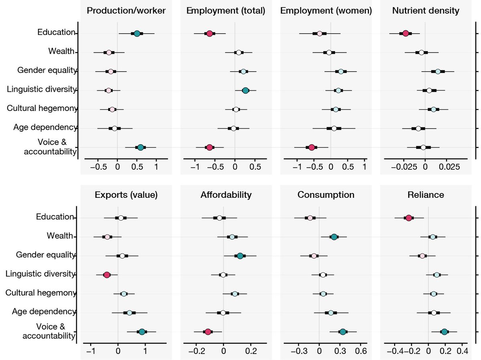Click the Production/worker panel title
click(127, 11)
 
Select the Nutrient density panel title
click(425, 11)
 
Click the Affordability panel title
click(226, 195)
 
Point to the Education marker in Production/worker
click(137, 33)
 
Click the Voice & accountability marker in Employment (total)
click(209, 147)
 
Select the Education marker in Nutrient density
click(406, 33)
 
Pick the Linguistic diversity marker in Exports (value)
click(107, 275)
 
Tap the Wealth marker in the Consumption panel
click(334, 237)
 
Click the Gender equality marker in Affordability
click(240, 256)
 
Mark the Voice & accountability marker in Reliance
click(444, 332)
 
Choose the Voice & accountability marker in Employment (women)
click(312, 147)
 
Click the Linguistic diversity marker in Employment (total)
click(246, 91)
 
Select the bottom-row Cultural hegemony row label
click(41, 293)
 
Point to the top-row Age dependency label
click(44, 127)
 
